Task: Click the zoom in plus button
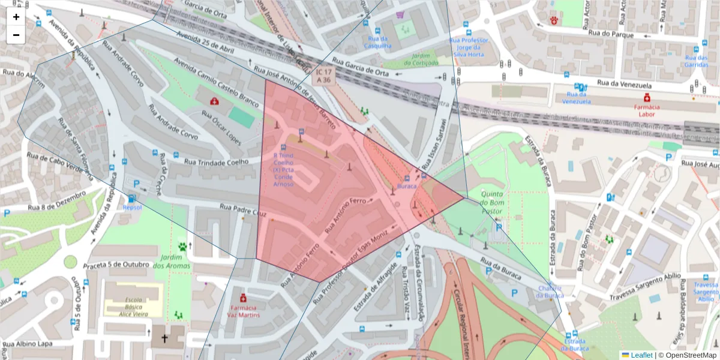point(16,17)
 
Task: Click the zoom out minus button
point(16,35)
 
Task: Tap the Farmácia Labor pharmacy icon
point(647,98)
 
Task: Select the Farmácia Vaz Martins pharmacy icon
point(243,298)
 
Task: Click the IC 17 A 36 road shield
point(323,76)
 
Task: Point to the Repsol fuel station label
point(132,207)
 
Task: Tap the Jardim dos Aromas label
point(172,262)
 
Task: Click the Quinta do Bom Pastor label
point(492,203)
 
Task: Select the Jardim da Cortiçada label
point(421,58)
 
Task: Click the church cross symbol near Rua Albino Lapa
point(164,338)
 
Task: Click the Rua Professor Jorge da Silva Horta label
point(469,47)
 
